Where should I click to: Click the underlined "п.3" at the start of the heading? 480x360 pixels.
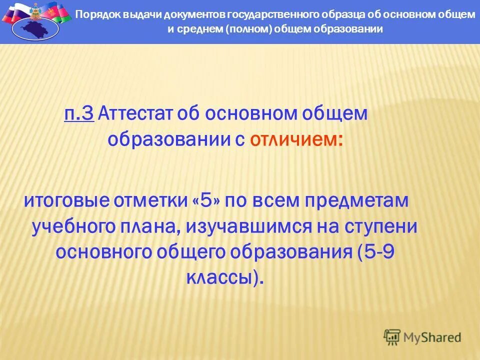pos(79,114)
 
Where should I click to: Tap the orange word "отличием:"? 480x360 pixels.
pos(296,139)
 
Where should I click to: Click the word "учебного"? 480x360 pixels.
pos(74,226)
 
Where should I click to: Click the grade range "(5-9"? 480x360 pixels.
pos(376,251)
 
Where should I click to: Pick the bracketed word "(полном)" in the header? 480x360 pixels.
pos(249,29)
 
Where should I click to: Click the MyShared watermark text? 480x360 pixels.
pos(432,337)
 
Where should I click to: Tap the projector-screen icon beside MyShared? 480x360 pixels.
pos(392,337)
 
